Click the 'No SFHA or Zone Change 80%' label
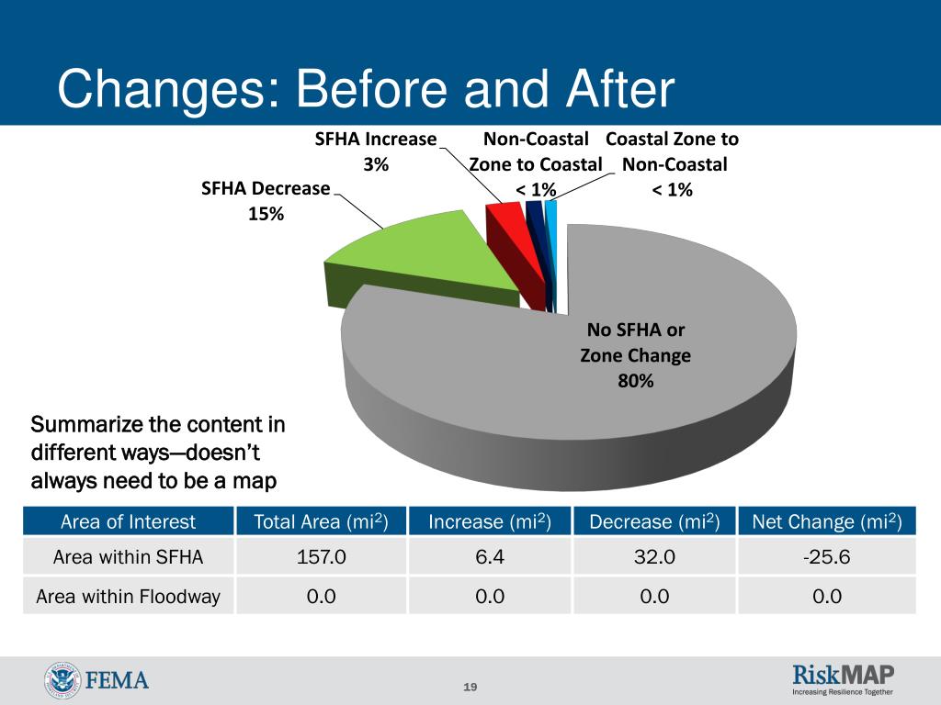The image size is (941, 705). click(635, 355)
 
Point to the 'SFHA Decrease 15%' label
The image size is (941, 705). click(266, 201)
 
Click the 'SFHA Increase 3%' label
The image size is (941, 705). click(375, 152)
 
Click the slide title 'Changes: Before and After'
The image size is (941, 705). click(366, 91)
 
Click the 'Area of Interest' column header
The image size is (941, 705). click(129, 521)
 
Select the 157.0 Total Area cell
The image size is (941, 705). click(322, 557)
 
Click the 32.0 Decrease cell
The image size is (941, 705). click(653, 557)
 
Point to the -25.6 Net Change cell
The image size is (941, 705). click(826, 557)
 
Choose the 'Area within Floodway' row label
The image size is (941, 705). click(129, 597)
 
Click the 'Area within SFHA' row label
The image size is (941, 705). click(129, 557)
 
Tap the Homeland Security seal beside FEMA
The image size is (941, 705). click(62, 681)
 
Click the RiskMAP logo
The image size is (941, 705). click(843, 679)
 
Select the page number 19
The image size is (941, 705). click(470, 688)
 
